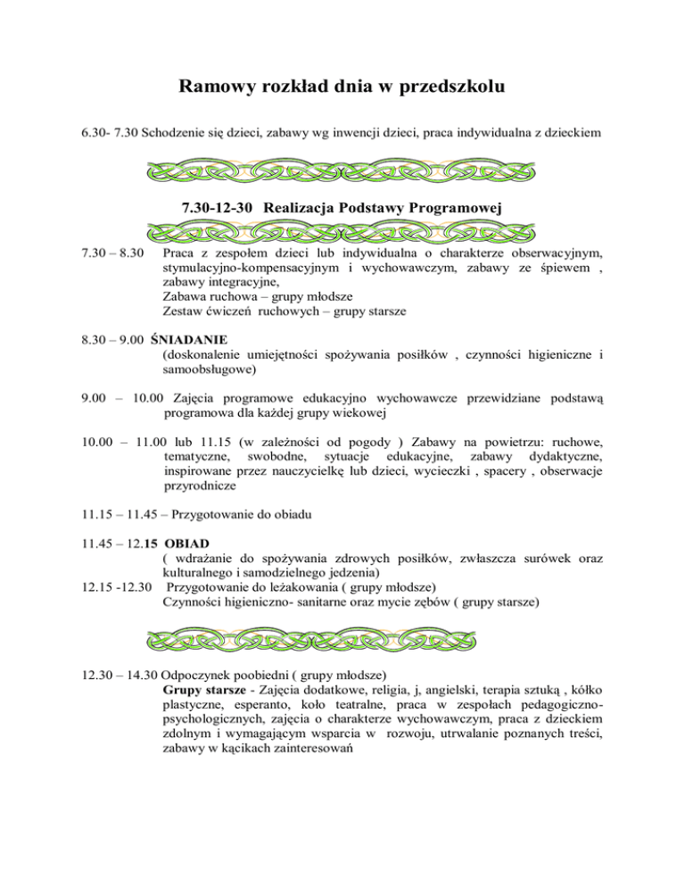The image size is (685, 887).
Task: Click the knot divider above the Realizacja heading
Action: tap(342, 169)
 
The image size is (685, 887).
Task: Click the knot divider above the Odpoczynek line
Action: tap(342, 640)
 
